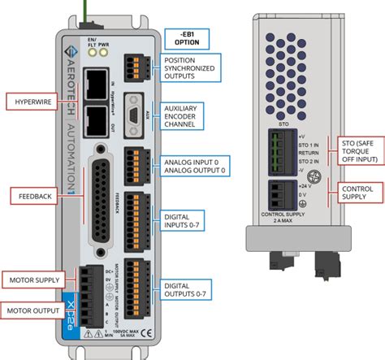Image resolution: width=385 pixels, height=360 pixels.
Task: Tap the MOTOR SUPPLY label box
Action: (x=33, y=280)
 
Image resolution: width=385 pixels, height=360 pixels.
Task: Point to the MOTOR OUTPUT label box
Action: (x=33, y=310)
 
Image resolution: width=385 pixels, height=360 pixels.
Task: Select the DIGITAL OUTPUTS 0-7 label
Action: (x=183, y=290)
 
